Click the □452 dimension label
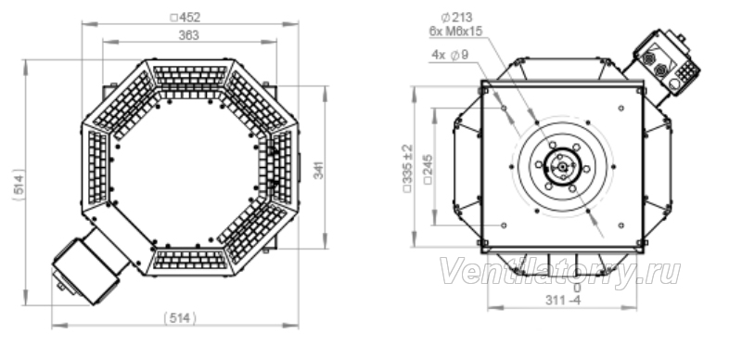185,18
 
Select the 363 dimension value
189,35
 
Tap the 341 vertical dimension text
319,170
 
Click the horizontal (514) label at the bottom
180,318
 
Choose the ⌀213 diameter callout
456,18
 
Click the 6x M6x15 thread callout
455,32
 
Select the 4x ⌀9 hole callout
450,55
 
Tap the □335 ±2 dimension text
407,168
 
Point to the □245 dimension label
429,169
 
